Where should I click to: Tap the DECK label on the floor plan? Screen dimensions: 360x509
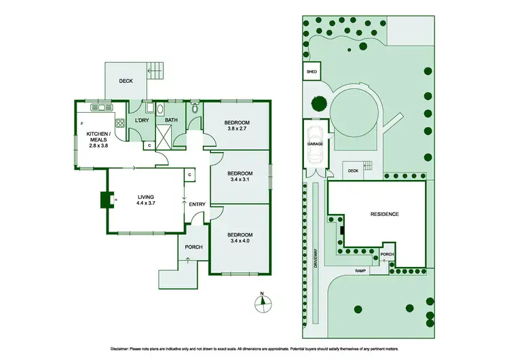(x=126, y=81)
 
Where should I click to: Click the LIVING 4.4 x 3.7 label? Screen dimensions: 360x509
(x=145, y=200)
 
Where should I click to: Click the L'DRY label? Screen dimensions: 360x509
(x=141, y=120)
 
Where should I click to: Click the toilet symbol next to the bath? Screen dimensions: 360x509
(x=195, y=107)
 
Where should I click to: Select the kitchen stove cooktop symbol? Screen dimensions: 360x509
(x=119, y=123)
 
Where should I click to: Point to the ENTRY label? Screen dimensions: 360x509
(x=197, y=204)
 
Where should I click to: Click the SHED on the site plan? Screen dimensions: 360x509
(x=312, y=70)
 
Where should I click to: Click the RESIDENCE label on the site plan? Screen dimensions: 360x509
(x=384, y=214)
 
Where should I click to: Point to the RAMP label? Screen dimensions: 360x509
(x=361, y=270)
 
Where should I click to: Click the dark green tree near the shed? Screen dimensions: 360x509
(x=318, y=105)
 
